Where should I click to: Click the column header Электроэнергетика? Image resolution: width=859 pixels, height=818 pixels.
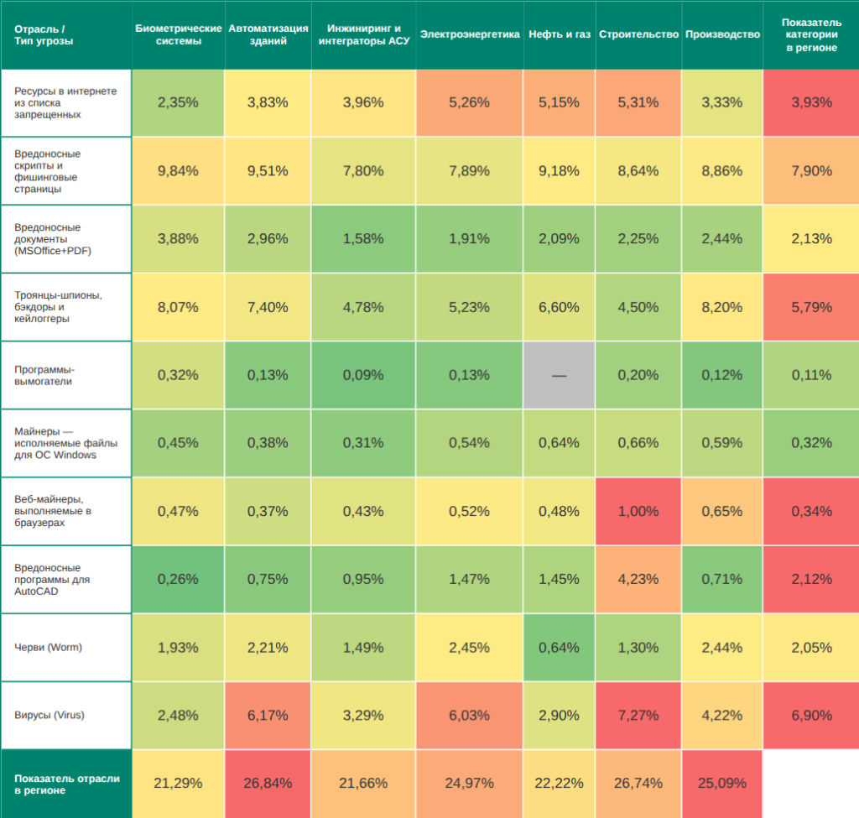[x=470, y=34]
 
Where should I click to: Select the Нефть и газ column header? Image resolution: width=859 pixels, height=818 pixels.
[x=560, y=34]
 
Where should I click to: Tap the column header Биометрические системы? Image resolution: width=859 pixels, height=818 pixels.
[x=178, y=34]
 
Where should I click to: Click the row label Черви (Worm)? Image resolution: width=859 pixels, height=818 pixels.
[x=49, y=647]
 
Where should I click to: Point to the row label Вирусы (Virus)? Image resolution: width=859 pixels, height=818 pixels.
[x=49, y=715]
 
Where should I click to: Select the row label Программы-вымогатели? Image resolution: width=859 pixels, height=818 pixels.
[x=45, y=375]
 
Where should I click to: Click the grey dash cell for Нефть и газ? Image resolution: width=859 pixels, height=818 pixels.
[x=560, y=375]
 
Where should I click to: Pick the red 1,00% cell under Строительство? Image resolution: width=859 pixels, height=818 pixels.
[x=638, y=511]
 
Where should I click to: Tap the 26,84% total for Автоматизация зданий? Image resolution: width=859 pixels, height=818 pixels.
[x=268, y=783]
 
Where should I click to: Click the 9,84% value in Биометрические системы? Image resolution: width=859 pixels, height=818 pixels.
[x=178, y=171]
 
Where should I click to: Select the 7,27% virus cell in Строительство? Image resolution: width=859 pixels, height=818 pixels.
[x=638, y=715]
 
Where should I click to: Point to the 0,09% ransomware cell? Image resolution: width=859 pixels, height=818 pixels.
[x=363, y=375]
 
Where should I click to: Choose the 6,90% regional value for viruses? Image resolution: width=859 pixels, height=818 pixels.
[x=811, y=715]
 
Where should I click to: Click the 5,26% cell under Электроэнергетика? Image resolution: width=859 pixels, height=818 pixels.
[x=470, y=102]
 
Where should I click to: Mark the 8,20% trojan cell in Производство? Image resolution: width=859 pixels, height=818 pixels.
[x=722, y=307]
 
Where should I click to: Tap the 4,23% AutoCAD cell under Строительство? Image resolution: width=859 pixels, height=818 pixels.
[x=638, y=579]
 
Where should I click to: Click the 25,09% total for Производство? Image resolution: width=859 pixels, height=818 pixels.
[x=722, y=783]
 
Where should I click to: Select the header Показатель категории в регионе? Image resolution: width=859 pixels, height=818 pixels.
[x=811, y=34]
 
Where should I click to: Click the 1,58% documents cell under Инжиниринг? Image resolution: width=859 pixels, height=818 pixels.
[x=363, y=239]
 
